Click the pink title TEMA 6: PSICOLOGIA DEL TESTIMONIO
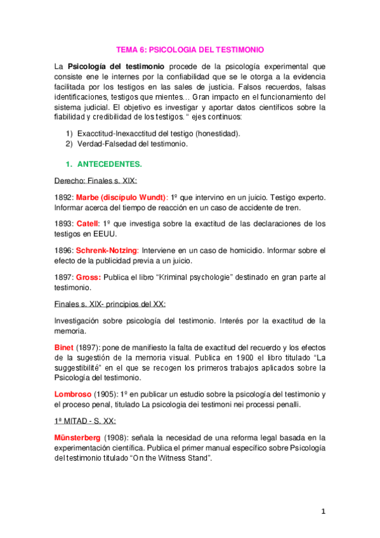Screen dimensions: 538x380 coord(190,49)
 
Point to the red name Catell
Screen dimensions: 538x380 coord(87,224)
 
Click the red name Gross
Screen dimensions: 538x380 coord(88,277)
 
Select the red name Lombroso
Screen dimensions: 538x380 coord(74,395)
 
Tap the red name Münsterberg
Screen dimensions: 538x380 coord(81,437)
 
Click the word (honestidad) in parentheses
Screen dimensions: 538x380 coord(218,134)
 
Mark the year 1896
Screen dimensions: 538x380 coord(64,251)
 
